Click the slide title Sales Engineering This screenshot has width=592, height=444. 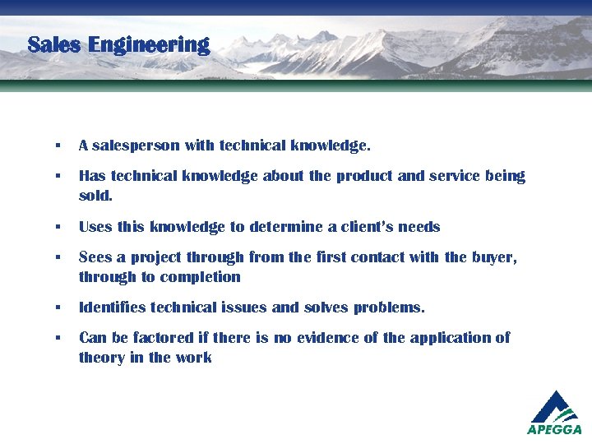pos(118,44)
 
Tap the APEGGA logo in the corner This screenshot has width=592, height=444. pos(554,412)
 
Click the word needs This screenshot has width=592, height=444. pos(419,227)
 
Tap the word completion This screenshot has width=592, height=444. pos(200,277)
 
